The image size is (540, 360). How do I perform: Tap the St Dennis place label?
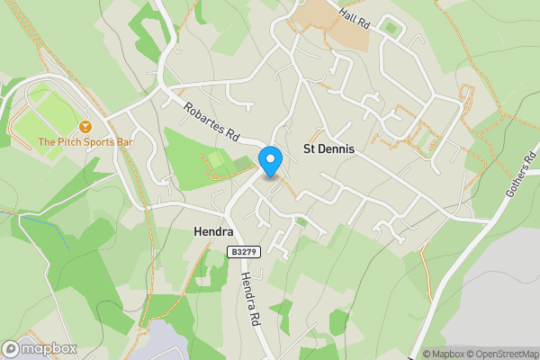[x=328, y=148]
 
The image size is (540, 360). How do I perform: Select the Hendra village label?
[x=213, y=231]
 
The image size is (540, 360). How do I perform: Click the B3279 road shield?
[x=244, y=253]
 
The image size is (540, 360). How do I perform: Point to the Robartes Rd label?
[x=210, y=122]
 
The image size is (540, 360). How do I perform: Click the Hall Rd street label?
[x=355, y=17]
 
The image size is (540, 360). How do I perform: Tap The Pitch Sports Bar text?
[x=85, y=142]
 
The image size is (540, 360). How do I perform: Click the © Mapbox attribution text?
[x=443, y=354]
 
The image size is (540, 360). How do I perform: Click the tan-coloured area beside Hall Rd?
[x=328, y=27]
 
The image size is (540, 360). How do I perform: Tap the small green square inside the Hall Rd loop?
[x=390, y=28]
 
